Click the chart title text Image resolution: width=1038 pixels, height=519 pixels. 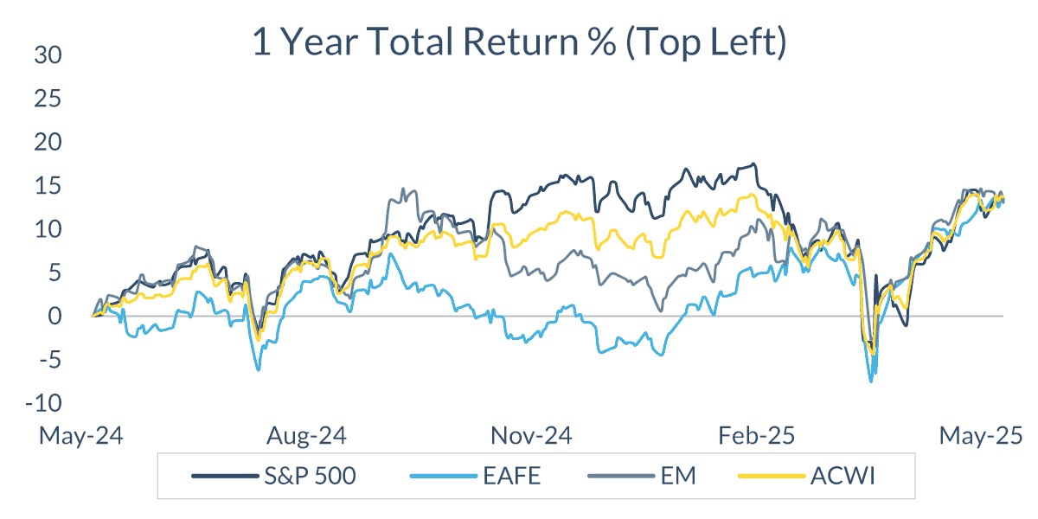(519, 43)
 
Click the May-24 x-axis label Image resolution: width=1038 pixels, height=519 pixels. (80, 435)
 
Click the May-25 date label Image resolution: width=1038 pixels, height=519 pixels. (979, 435)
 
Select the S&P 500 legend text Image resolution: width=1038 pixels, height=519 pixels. (310, 477)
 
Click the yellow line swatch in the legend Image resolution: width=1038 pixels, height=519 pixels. (766, 477)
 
